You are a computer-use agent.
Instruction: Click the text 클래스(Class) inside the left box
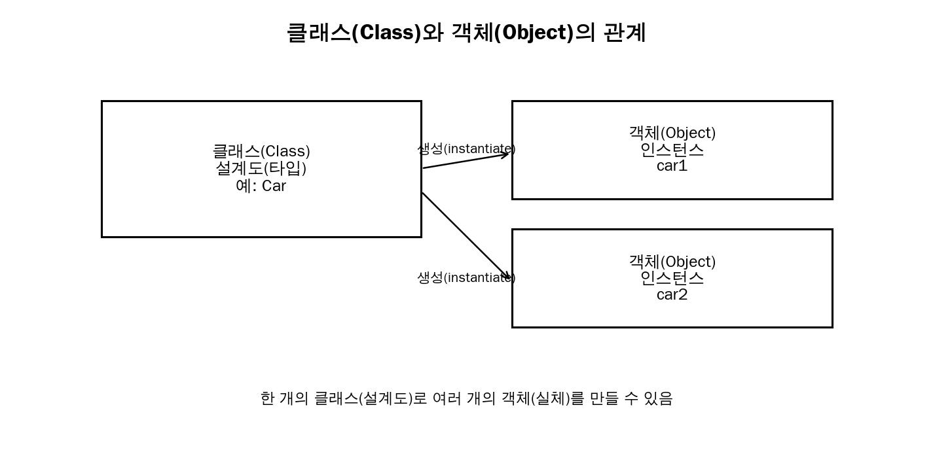coord(261,151)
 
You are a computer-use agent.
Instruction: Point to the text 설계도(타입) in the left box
coord(261,168)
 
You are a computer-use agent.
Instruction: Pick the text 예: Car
coord(261,186)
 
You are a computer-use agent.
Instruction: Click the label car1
coord(672,166)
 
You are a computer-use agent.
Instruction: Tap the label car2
coord(672,295)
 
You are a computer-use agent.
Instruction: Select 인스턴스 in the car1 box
coord(672,150)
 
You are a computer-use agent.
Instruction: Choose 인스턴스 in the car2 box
coord(672,278)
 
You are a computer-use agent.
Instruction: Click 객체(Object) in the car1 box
coord(672,133)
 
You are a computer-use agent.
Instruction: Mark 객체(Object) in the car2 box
coord(672,262)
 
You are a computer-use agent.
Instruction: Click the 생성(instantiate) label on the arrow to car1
coord(466,149)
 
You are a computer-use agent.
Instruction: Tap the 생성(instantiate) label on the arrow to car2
coord(466,277)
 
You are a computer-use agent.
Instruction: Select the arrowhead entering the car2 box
coord(507,275)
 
